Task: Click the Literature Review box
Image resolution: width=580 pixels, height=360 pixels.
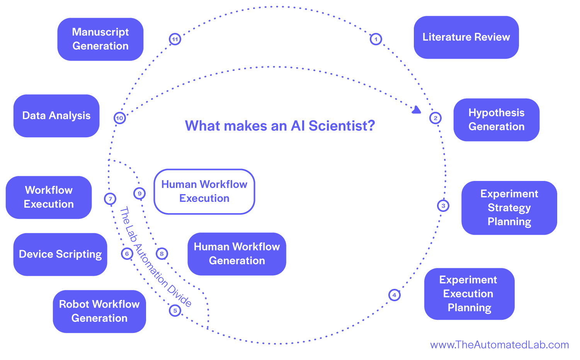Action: tap(466, 37)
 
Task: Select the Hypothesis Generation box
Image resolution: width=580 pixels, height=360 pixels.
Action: tap(496, 119)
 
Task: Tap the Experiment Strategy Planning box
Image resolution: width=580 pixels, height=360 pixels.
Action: tap(509, 208)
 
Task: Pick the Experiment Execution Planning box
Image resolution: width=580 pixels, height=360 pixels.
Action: tap(469, 293)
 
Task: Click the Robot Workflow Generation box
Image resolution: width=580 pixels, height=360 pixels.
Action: tap(99, 311)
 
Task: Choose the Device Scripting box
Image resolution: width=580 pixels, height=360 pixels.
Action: tap(60, 254)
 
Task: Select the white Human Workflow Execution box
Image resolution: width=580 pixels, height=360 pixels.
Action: tap(204, 191)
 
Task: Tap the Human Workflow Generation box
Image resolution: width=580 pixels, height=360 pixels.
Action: tap(236, 254)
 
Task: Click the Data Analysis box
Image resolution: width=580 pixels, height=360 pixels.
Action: tap(56, 116)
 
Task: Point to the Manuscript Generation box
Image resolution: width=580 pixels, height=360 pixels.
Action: tap(100, 39)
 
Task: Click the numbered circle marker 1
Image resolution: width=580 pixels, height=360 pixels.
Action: tap(376, 39)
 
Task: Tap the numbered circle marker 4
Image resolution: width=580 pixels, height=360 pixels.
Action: tap(394, 295)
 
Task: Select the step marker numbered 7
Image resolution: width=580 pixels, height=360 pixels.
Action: tap(110, 199)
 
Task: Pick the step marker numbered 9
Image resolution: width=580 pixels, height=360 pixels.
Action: tap(139, 193)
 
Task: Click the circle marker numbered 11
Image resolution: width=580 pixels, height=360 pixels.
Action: tap(175, 39)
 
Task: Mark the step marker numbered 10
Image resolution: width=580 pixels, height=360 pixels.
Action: tap(120, 118)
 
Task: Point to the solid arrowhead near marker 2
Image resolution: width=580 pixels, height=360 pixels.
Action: tap(416, 110)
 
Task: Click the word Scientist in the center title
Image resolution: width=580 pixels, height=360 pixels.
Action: tap(342, 126)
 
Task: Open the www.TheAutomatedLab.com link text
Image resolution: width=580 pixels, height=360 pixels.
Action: tap(499, 345)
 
